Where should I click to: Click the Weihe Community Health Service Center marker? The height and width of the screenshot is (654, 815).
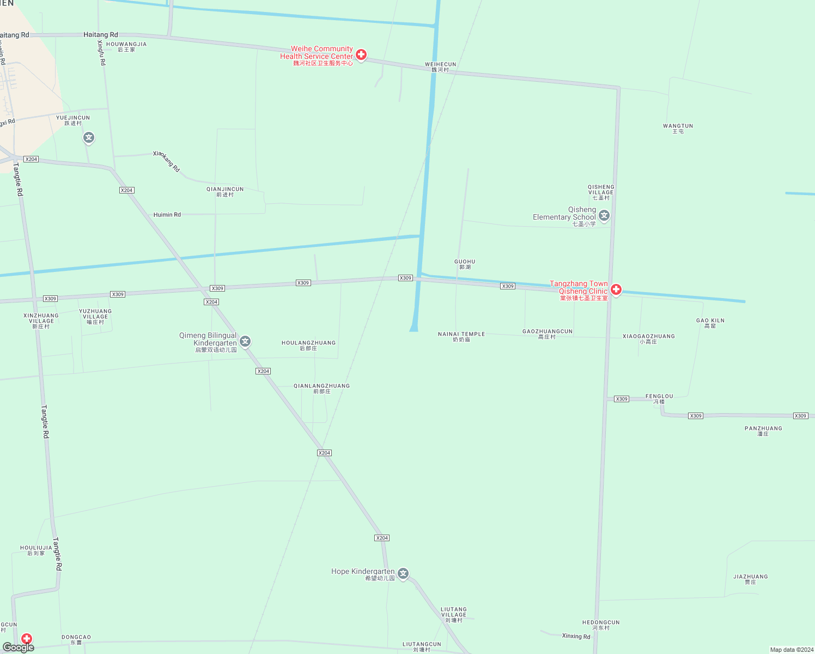click(361, 55)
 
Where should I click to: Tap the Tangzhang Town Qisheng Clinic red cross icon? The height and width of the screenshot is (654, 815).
click(616, 289)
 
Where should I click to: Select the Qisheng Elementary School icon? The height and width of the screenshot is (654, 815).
click(604, 216)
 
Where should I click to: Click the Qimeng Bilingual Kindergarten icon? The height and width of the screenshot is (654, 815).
click(246, 342)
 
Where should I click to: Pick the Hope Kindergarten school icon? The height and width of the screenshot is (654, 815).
click(403, 573)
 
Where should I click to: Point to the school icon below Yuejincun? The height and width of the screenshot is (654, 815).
click(89, 137)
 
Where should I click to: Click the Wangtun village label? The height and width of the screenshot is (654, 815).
click(678, 128)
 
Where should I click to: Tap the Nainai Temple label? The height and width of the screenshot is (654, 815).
click(461, 337)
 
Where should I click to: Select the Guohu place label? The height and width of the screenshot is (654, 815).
click(465, 264)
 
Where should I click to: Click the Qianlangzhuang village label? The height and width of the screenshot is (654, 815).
click(321, 388)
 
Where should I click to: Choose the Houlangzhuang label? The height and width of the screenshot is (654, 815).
click(308, 345)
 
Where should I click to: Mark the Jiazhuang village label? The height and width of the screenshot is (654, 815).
click(750, 579)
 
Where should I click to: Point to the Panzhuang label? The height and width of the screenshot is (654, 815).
click(763, 431)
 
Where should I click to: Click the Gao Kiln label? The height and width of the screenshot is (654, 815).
click(710, 323)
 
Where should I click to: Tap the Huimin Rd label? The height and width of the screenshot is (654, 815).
click(167, 215)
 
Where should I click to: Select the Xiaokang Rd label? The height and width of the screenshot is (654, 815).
click(166, 161)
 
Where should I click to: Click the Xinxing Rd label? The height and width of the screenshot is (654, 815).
click(576, 636)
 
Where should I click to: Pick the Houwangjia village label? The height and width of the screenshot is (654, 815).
click(126, 47)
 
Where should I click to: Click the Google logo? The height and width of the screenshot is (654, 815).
click(19, 647)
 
